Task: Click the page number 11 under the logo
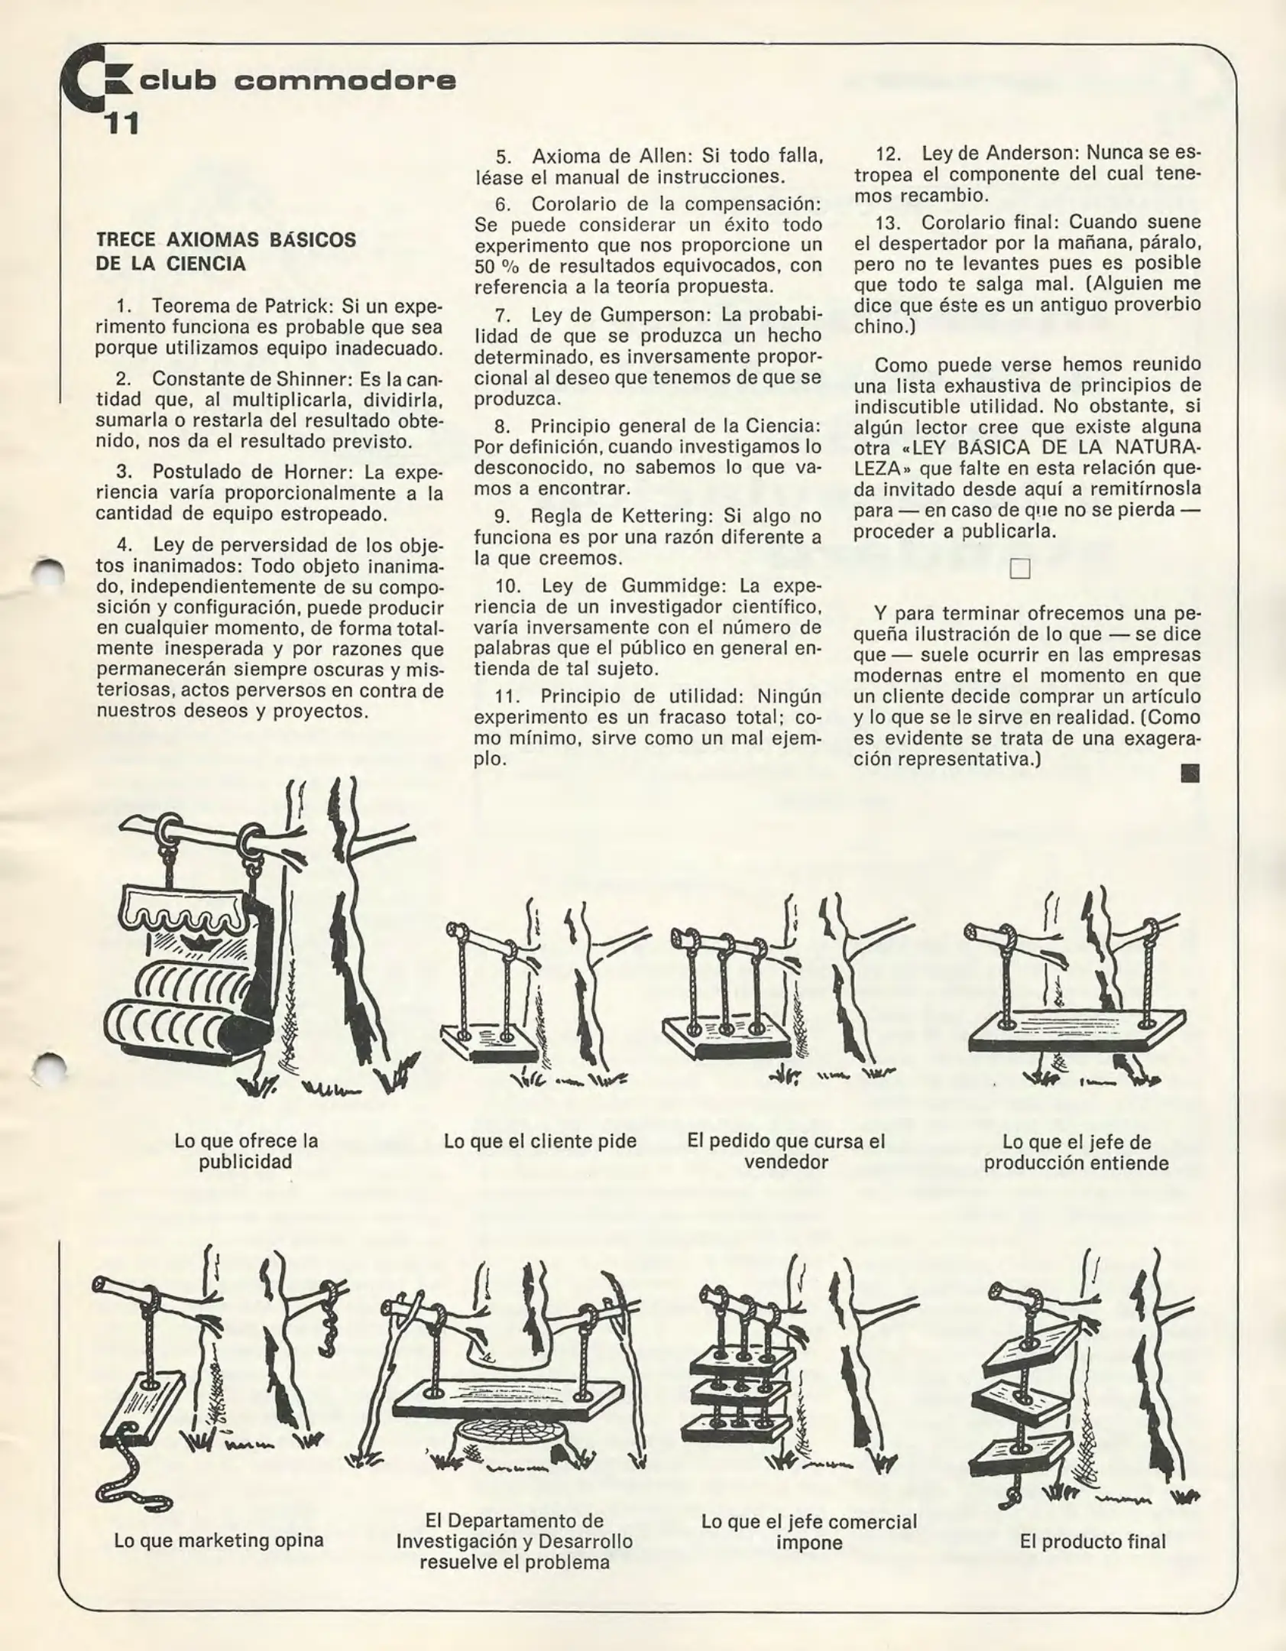[121, 124]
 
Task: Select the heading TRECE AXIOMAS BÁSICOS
[225, 240]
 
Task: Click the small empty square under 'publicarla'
[1019, 569]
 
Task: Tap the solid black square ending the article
[1190, 774]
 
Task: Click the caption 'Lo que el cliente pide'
[539, 1141]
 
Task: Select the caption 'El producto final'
[1092, 1541]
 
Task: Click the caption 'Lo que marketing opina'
[219, 1539]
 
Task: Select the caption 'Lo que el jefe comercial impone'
[808, 1531]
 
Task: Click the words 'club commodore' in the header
[298, 80]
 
